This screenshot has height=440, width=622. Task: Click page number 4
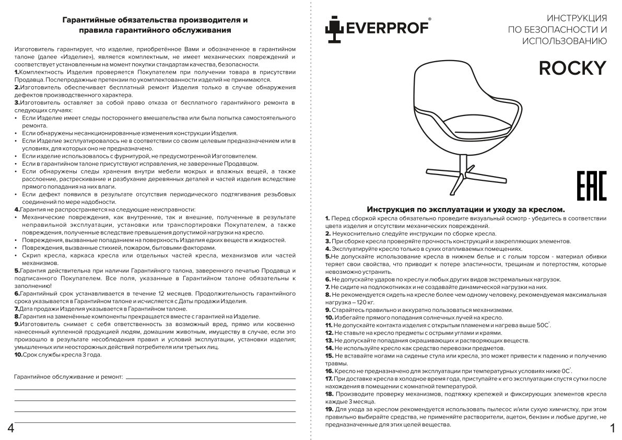coord(10,428)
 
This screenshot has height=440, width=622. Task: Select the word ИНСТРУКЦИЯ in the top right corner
coord(576,18)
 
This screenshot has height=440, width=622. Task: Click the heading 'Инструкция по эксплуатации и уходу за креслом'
coord(466,209)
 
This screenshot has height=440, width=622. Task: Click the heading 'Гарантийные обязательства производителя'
coord(155,20)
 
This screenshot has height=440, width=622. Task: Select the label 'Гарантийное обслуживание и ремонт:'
coord(69,376)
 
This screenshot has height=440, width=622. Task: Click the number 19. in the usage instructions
coord(329,409)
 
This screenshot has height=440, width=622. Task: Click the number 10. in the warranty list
coord(18,355)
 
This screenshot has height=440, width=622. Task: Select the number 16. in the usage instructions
coord(329,370)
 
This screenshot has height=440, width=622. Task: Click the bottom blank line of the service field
coord(155,421)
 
